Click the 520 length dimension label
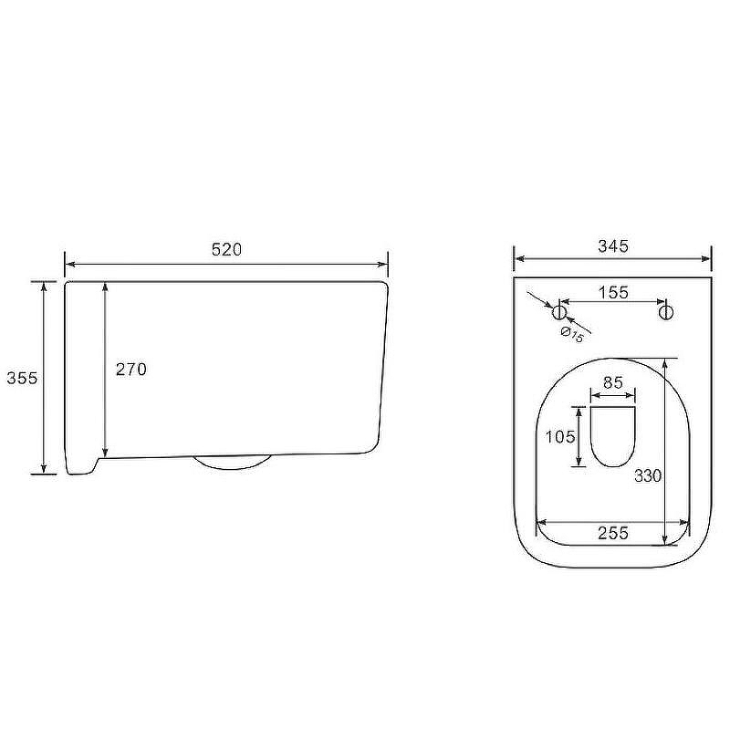tap(226, 250)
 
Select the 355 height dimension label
tap(22, 378)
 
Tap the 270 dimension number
tap(130, 370)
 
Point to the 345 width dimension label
tap(613, 245)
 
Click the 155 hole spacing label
tap(613, 292)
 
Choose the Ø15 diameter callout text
tap(572, 334)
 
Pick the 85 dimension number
tap(612, 382)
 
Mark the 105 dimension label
tap(560, 437)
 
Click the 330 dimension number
tap(648, 475)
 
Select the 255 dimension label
tap(613, 533)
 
